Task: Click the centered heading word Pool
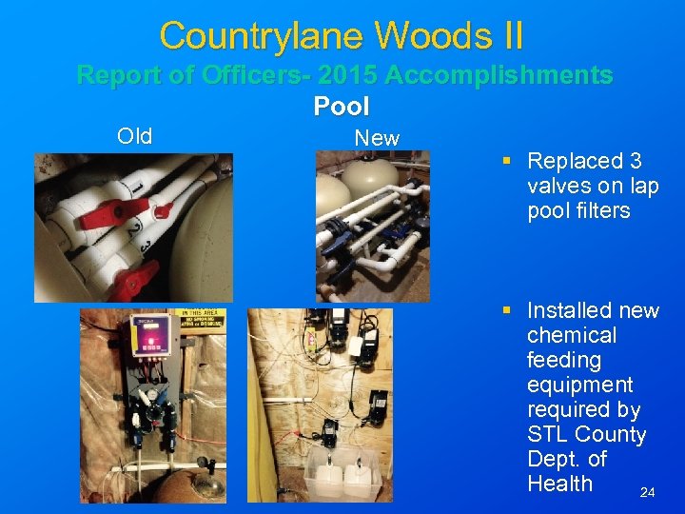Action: click(342, 106)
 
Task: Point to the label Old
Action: click(134, 136)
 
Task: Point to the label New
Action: click(377, 138)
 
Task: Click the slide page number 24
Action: click(647, 492)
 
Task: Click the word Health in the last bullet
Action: click(559, 484)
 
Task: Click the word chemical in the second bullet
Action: click(572, 335)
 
